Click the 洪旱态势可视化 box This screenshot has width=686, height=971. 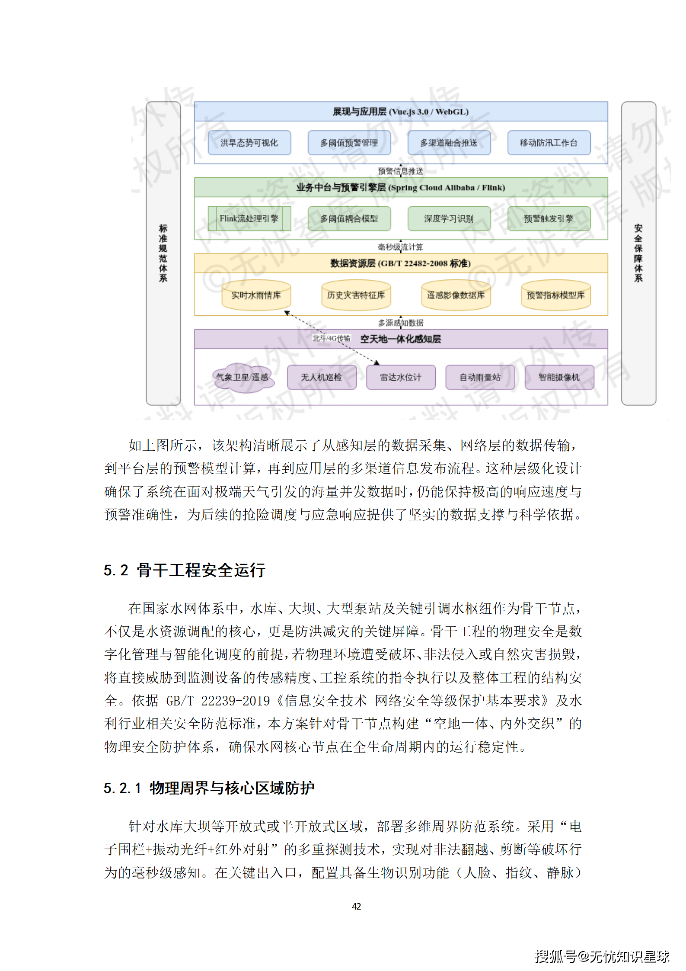tap(249, 143)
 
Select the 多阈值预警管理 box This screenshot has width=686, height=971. tap(349, 143)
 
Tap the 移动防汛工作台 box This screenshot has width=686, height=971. tap(549, 143)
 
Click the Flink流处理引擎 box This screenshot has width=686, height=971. tap(249, 219)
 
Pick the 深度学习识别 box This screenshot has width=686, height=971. tap(449, 219)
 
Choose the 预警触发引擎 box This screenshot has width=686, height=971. tap(549, 219)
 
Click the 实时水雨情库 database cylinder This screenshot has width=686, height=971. tap(256, 295)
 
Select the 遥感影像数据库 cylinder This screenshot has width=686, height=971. tap(456, 295)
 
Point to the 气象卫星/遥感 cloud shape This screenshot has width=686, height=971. tap(242, 378)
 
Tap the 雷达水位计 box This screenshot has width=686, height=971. tap(401, 378)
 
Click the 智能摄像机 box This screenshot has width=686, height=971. tap(559, 378)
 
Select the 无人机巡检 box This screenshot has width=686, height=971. tap(322, 378)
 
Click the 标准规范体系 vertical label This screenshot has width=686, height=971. tap(163, 253)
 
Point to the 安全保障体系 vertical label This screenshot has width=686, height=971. tap(638, 253)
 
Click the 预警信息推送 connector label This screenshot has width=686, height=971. tap(401, 171)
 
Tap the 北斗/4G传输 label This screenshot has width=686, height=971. tap(331, 338)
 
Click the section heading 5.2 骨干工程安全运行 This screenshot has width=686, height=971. tap(185, 570)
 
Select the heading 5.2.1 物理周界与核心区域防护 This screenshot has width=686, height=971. tap(209, 788)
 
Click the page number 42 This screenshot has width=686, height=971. tap(357, 907)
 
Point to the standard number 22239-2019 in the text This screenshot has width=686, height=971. tap(236, 701)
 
